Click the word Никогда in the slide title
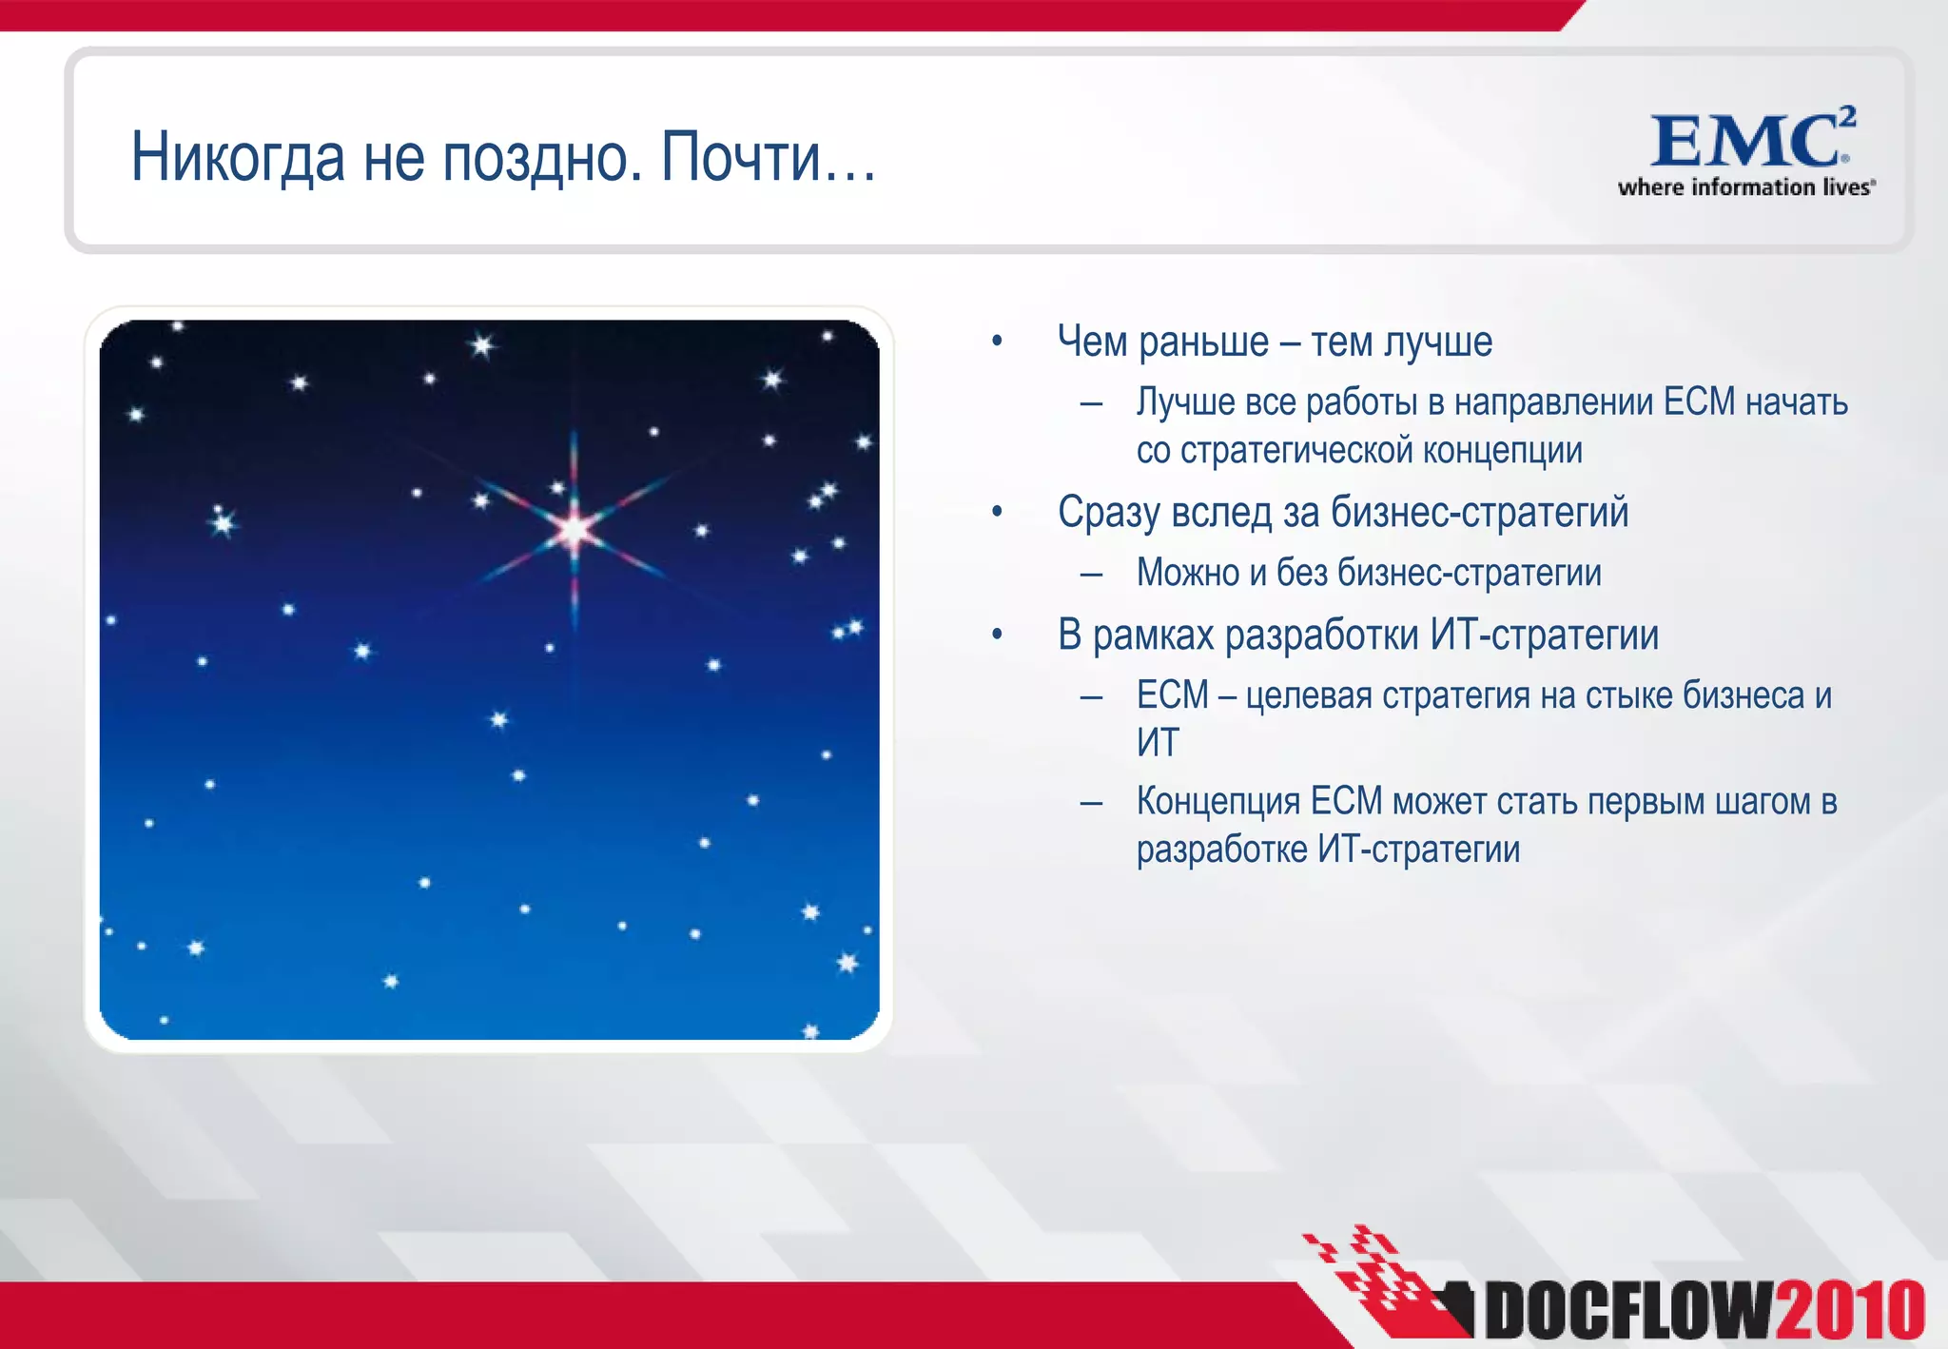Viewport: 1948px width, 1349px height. click(x=238, y=157)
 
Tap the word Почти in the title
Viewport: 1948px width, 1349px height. click(x=740, y=157)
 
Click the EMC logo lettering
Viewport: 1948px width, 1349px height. click(x=1743, y=143)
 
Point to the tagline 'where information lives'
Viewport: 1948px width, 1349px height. click(x=1745, y=187)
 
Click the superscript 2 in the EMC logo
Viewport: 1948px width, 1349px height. click(x=1846, y=116)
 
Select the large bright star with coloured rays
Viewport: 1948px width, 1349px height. click(x=574, y=529)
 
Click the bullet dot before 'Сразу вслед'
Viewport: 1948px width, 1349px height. click(x=997, y=513)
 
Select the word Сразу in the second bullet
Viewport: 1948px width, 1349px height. click(x=1109, y=513)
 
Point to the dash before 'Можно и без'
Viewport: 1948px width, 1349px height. click(x=1091, y=574)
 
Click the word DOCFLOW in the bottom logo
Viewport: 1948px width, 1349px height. click(x=1628, y=1311)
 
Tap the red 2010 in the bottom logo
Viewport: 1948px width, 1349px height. click(x=1850, y=1311)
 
